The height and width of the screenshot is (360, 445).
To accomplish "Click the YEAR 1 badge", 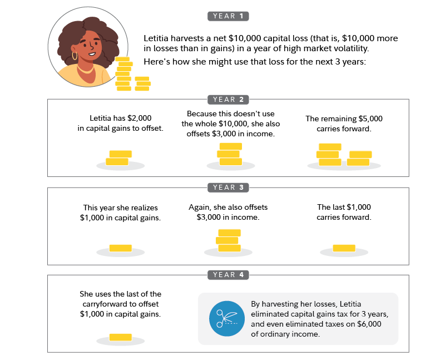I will pyautogui.click(x=228, y=16).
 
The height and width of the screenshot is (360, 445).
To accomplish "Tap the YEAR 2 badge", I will pyautogui.click(x=228, y=100).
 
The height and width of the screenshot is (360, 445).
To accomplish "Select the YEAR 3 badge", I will pyautogui.click(x=228, y=188).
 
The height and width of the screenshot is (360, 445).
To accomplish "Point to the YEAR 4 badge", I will pyautogui.click(x=228, y=275).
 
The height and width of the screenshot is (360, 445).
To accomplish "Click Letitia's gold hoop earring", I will pyautogui.click(x=75, y=56).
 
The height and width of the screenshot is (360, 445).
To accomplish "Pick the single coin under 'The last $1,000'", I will pyautogui.click(x=344, y=248).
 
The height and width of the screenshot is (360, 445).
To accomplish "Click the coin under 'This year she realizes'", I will pyautogui.click(x=120, y=248).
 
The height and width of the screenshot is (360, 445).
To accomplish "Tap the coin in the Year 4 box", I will pyautogui.click(x=120, y=337).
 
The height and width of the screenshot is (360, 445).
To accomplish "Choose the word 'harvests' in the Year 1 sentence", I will pyautogui.click(x=189, y=39).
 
